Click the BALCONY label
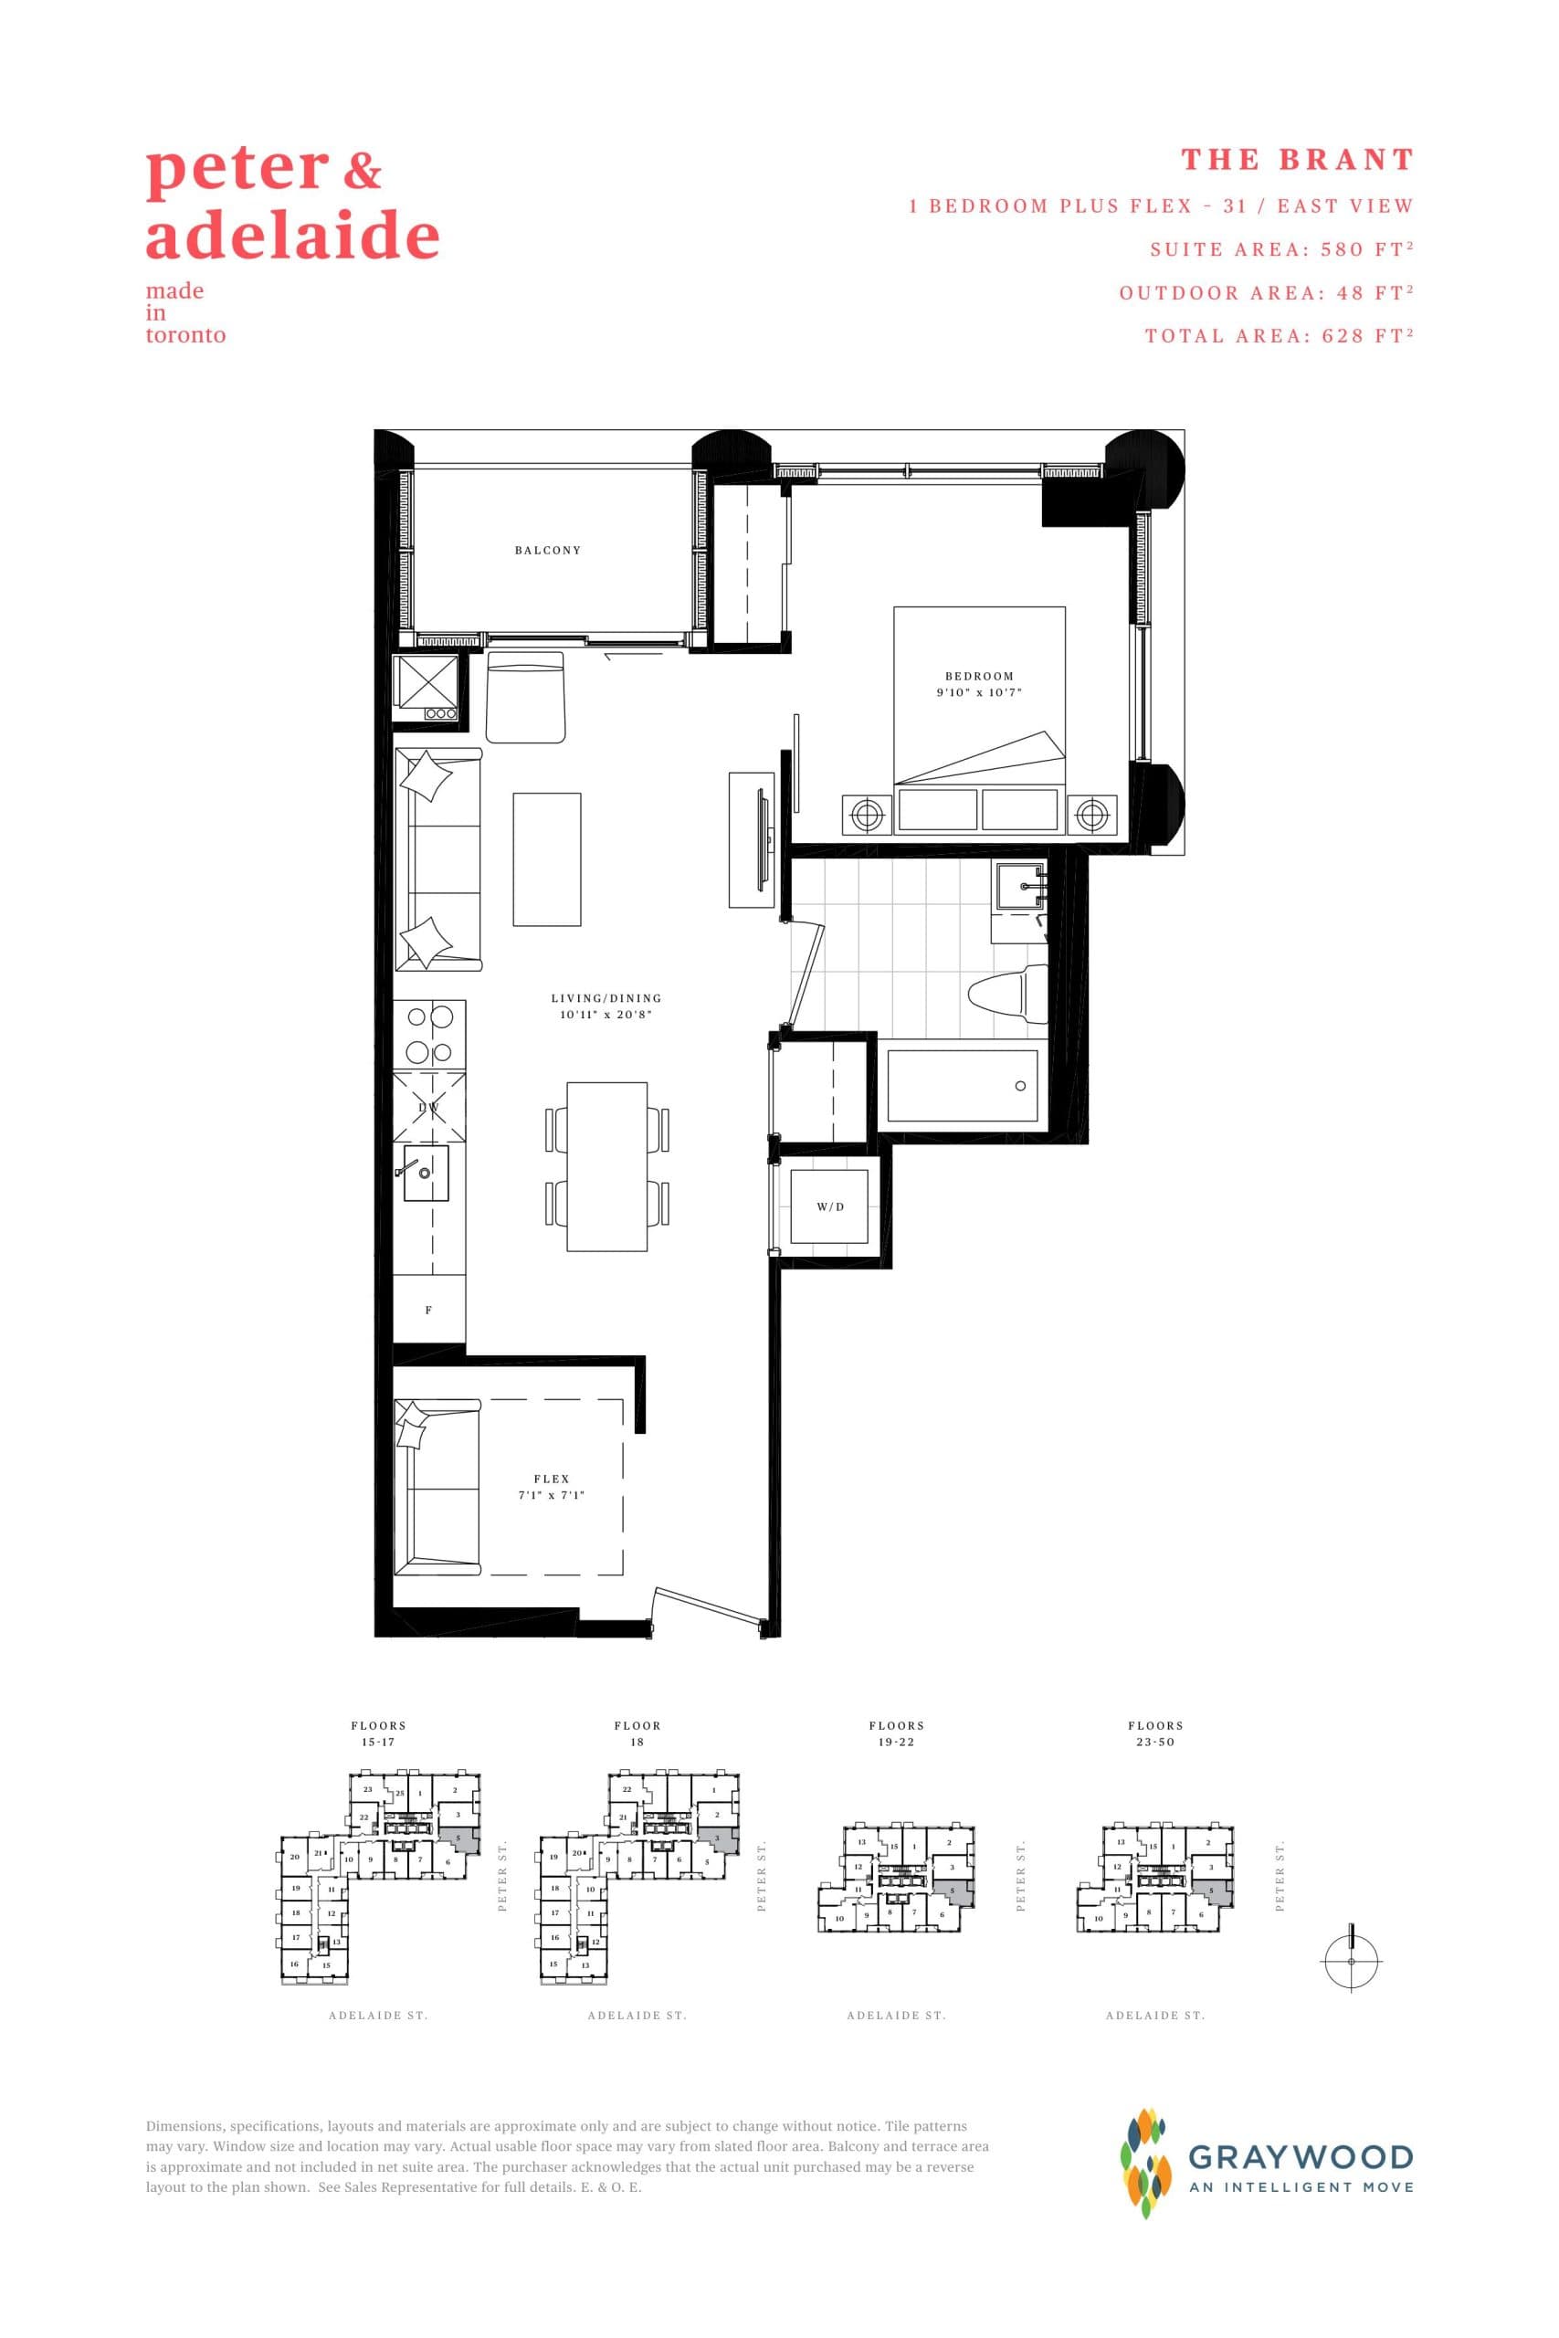click(548, 550)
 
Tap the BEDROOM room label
click(979, 676)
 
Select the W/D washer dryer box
click(829, 1206)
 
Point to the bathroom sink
click(1022, 888)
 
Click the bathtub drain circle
click(1020, 1086)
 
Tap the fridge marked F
click(428, 1311)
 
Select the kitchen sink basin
click(425, 1174)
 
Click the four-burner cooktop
click(429, 1033)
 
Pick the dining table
click(606, 1167)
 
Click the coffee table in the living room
click(547, 858)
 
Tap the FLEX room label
click(551, 1480)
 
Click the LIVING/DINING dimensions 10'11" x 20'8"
click(606, 1015)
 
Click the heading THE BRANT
click(1297, 160)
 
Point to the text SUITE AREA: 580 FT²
click(1281, 249)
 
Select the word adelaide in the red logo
click(292, 237)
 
